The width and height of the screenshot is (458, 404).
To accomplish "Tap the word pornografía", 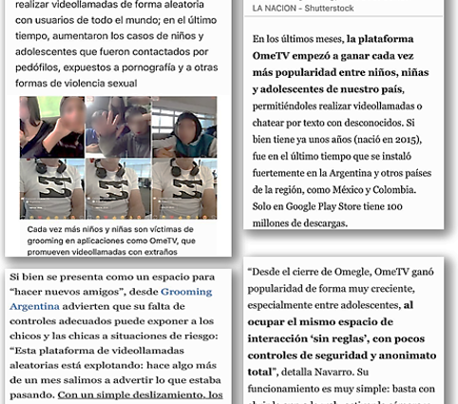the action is click(152, 69).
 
